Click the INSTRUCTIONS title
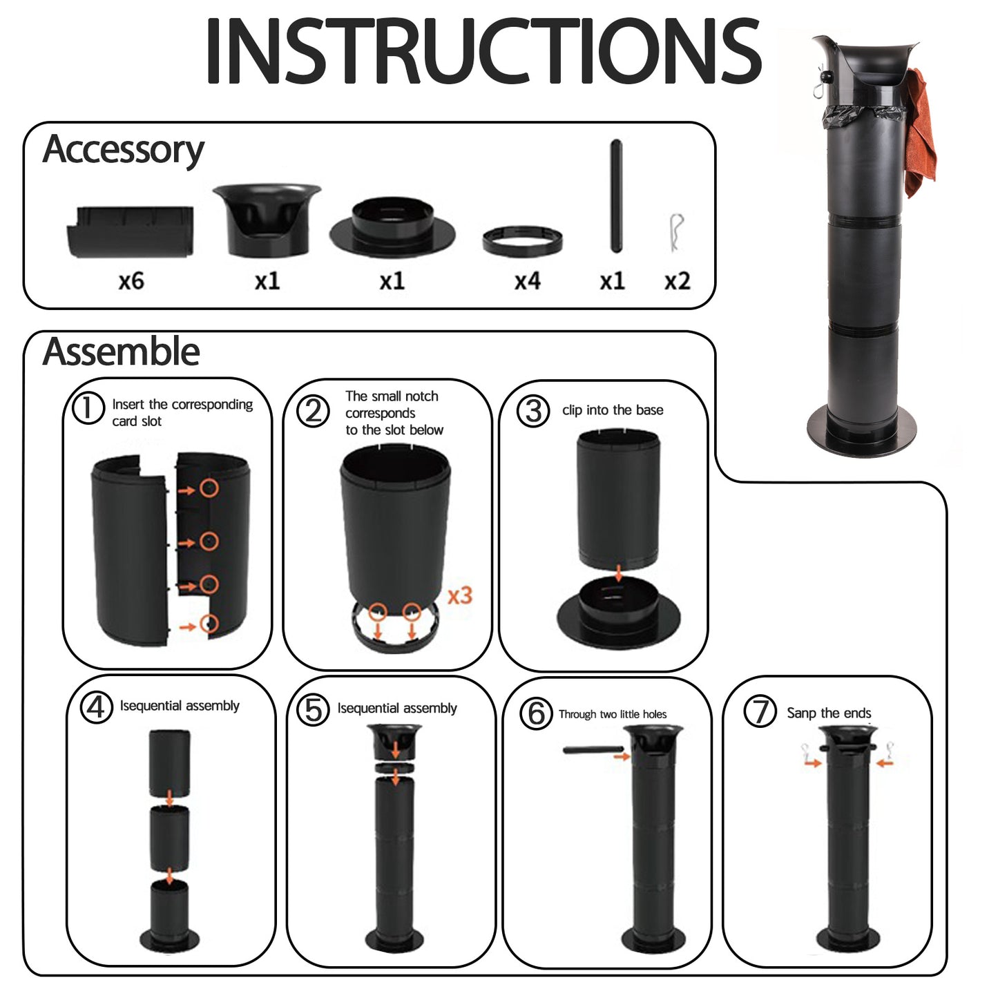[483, 50]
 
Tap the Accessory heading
[123, 150]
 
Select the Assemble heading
[121, 352]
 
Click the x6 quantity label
[131, 281]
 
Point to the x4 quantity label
[527, 281]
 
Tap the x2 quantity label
[678, 281]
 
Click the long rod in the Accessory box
[616, 195]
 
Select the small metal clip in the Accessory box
[675, 232]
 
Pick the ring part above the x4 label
[522, 241]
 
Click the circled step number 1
[88, 408]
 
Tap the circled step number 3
[533, 411]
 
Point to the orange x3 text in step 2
[460, 595]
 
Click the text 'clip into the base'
[613, 410]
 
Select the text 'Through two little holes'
[612, 714]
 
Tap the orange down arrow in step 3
[618, 573]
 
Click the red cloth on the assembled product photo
[921, 132]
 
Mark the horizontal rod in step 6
[593, 750]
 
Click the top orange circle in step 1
[209, 488]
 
